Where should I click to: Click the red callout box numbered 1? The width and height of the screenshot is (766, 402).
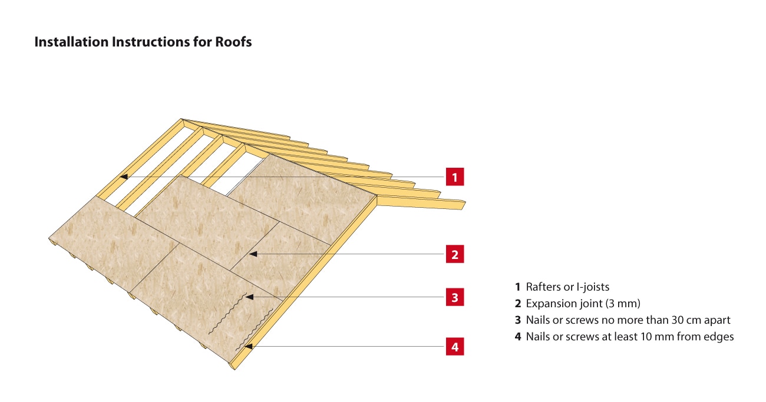pyautogui.click(x=454, y=177)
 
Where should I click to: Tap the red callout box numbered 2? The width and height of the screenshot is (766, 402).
pyautogui.click(x=454, y=255)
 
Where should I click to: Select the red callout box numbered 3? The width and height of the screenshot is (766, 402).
pyautogui.click(x=454, y=298)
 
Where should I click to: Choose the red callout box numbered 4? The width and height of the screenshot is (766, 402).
pyautogui.click(x=454, y=347)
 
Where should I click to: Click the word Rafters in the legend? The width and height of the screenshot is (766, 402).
pyautogui.click(x=544, y=287)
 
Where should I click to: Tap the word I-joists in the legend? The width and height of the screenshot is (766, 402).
pyautogui.click(x=591, y=287)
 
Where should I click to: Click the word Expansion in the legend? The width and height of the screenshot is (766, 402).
pyautogui.click(x=551, y=304)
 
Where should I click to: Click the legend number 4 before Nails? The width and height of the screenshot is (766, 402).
pyautogui.click(x=517, y=337)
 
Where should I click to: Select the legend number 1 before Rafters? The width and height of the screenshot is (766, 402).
pyautogui.click(x=517, y=287)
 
